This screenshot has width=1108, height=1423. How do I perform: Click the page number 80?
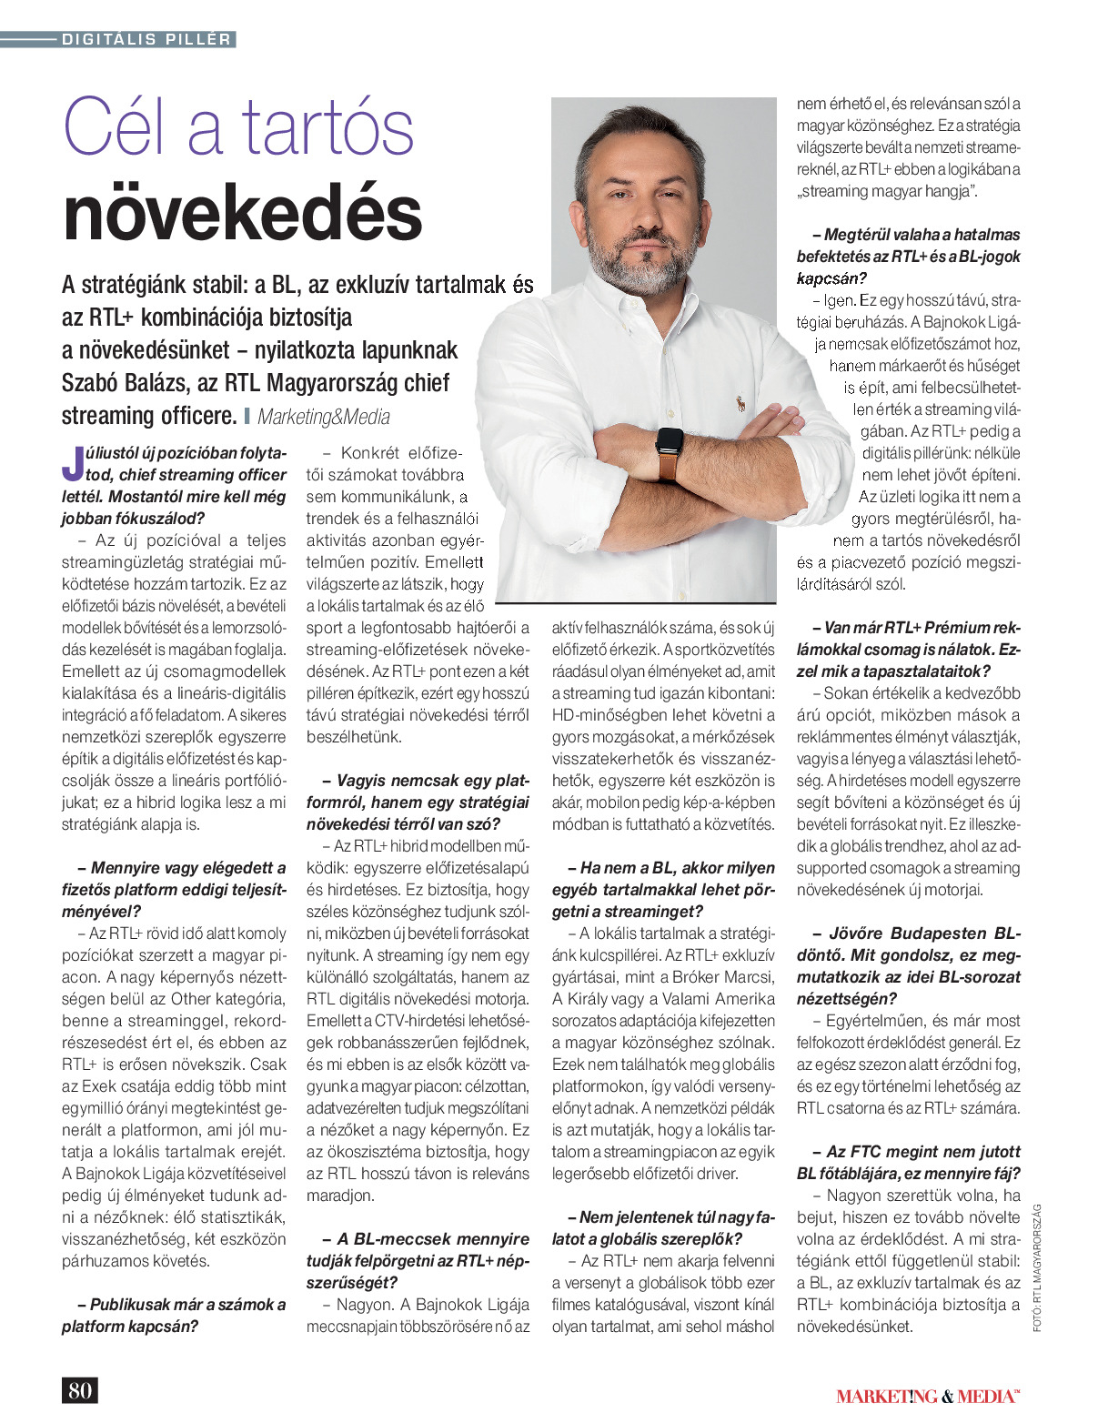[79, 1390]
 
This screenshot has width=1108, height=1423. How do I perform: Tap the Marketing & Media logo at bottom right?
[928, 1396]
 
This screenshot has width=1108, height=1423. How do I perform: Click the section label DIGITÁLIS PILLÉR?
[146, 39]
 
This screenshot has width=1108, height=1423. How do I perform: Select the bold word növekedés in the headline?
[243, 215]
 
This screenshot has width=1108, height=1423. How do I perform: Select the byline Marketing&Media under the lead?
[324, 417]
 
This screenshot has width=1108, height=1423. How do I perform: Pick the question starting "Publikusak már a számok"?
[174, 1316]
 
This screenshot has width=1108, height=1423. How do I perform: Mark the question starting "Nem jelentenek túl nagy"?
[663, 1228]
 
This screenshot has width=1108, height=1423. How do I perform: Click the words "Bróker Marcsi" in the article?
[723, 977]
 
